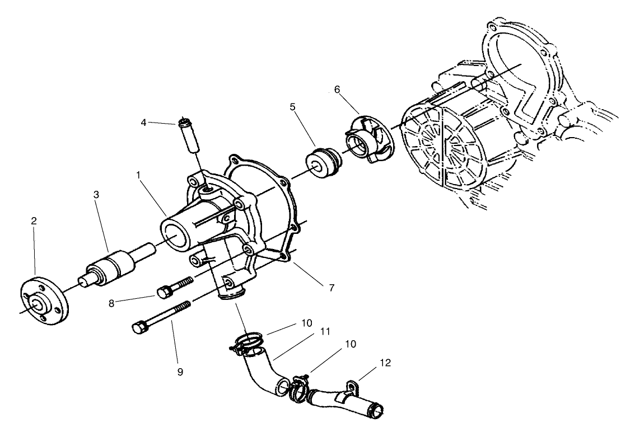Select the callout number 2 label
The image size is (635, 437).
pos(34,221)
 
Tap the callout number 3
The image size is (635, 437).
pos(96,195)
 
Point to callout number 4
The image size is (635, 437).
pos(144,122)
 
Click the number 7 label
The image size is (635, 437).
pos(331,288)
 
